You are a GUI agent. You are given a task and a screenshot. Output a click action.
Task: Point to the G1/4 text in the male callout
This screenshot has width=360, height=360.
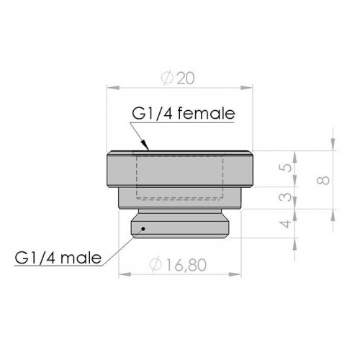[x=37, y=257]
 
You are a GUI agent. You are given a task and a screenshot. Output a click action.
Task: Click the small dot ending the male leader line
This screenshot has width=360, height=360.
[x=143, y=230]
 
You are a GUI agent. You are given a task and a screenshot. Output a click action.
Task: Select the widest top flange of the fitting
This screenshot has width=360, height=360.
[x=181, y=170]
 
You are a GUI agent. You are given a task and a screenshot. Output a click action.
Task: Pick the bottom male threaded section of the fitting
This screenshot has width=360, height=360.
[x=181, y=228]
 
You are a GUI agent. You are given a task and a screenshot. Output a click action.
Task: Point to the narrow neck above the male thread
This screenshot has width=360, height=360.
[x=181, y=215]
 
